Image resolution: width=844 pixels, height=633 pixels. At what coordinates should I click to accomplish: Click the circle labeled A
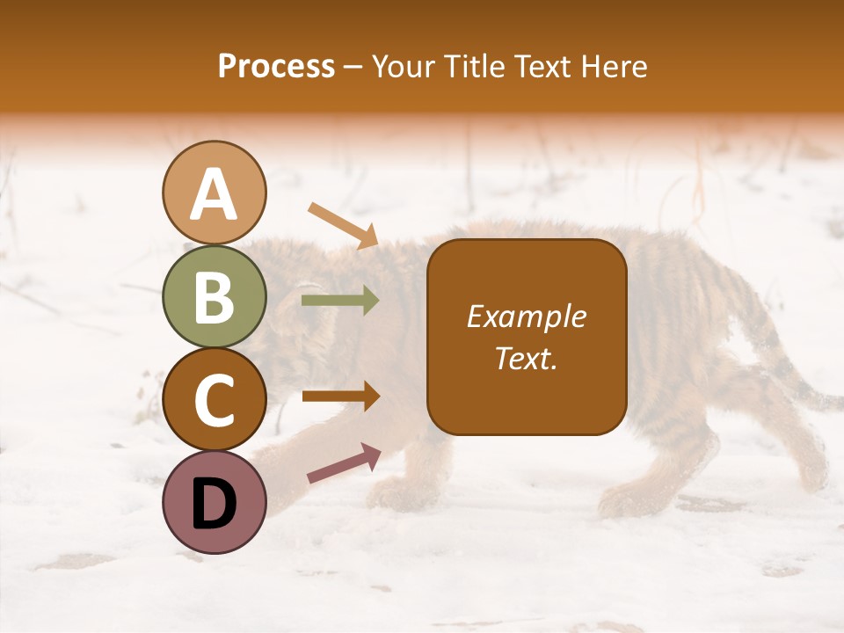(x=214, y=193)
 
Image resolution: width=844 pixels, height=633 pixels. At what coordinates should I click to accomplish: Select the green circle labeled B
(x=214, y=296)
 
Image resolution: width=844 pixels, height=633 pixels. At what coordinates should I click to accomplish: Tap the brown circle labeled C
(x=214, y=399)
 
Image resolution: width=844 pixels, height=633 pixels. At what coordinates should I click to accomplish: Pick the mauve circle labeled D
(x=214, y=502)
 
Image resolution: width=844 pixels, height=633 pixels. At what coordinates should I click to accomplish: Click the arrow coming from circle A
(x=343, y=225)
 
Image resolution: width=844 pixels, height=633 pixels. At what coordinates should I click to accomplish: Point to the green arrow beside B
(x=340, y=301)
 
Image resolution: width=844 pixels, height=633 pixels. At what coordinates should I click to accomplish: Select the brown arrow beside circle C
(x=341, y=397)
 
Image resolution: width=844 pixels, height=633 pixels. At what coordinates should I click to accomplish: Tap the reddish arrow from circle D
(x=344, y=463)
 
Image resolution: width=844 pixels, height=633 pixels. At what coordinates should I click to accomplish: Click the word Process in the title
(x=276, y=66)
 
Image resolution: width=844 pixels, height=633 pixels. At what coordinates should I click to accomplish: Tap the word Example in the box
(x=526, y=316)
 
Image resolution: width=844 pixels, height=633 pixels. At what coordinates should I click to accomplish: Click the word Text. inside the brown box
(x=526, y=358)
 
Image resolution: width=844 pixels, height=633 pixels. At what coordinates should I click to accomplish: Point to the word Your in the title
(x=400, y=66)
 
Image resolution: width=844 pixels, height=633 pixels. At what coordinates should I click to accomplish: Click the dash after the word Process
(x=353, y=67)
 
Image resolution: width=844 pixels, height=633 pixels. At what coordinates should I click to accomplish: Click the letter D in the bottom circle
(x=214, y=504)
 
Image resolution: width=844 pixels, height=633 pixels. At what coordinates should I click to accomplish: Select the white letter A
(x=214, y=194)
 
